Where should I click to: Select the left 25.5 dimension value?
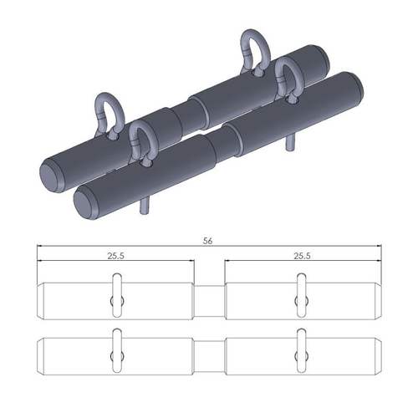pos(115,257)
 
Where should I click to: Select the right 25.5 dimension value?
pos(303,257)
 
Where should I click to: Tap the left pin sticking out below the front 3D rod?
pos(143,202)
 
